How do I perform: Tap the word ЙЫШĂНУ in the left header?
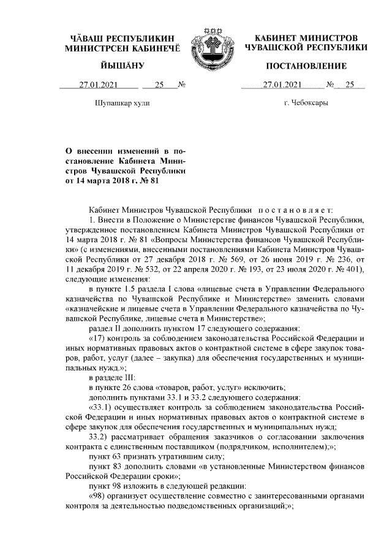pos(123,66)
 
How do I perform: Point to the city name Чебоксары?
pos(306,103)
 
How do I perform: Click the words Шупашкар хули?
pos(123,103)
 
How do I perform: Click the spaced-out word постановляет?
pos(299,210)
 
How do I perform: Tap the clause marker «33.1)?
pos(104,407)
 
